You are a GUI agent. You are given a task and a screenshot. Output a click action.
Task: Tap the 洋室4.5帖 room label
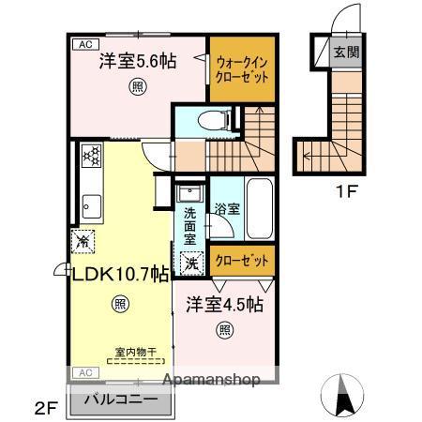pos(224,306)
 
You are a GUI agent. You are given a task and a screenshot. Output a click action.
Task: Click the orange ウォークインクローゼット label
pos(242,70)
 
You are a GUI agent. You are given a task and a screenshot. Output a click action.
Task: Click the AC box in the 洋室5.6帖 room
pos(84,44)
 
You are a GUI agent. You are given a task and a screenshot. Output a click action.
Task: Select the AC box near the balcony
pos(83,373)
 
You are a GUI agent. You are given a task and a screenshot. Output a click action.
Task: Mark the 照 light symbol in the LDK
pos(119,303)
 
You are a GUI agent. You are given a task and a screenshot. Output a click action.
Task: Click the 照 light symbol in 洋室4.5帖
pos(225,329)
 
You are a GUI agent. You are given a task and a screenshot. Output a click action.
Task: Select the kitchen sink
pos(91,203)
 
